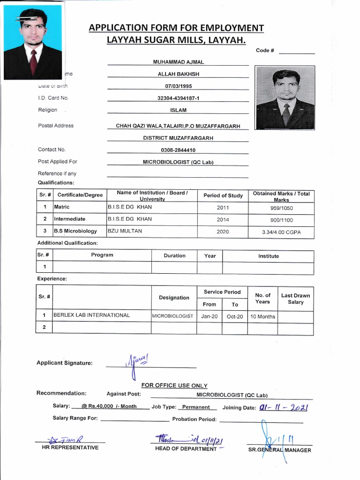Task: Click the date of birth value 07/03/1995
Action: coord(178,86)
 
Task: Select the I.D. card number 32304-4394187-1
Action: coord(178,98)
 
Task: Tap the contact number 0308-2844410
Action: coord(178,150)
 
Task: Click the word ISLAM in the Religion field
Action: coord(178,110)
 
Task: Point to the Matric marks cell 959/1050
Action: coord(281,207)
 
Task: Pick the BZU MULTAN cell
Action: coord(125,231)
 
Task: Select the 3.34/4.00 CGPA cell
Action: coord(281,232)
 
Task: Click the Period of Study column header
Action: coord(223,195)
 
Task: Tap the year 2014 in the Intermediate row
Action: coord(223,219)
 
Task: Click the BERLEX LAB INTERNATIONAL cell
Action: coord(92,315)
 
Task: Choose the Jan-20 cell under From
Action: coord(210,316)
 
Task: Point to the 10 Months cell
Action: coord(262,316)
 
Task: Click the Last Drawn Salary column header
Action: coord(295,299)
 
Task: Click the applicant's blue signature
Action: coord(134,363)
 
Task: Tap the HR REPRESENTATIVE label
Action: coord(70,447)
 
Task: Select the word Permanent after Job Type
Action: coord(196,407)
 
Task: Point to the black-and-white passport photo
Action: coord(285,97)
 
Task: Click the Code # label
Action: coord(265,51)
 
